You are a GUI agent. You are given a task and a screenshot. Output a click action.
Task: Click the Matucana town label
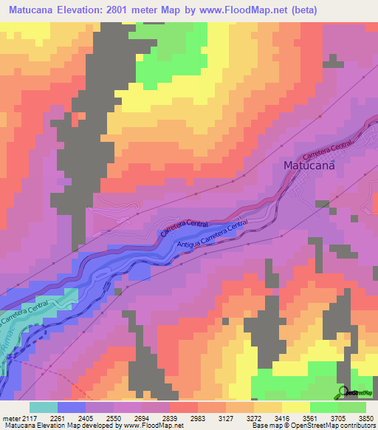coord(309,166)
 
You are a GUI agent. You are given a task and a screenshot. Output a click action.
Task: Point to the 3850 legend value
coord(365,417)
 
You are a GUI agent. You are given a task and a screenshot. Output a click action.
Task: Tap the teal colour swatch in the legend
coord(44,407)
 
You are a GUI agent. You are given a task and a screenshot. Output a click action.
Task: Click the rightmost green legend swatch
coord(351,407)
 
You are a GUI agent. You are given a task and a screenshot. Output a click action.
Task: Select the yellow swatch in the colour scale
coord(295,407)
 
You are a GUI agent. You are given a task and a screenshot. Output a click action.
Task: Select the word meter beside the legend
coord(10,417)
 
